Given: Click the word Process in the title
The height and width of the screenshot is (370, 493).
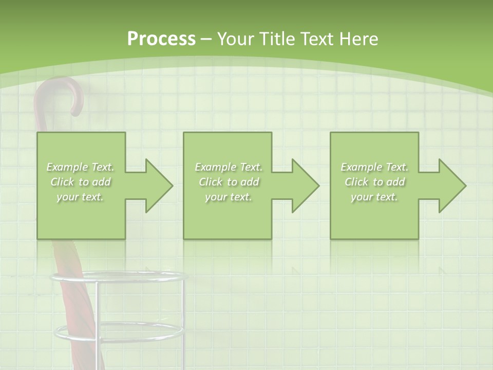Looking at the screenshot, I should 161,39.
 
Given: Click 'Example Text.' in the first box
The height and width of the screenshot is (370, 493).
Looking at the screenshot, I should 81,167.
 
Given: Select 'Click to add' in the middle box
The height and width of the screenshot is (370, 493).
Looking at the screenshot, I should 229,182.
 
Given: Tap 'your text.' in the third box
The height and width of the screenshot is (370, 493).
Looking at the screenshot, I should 374,197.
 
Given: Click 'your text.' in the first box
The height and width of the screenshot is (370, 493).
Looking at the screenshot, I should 81,197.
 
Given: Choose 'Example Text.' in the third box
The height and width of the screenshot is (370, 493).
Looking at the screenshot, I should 374,167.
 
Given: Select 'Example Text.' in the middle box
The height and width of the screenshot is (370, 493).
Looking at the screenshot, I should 229,167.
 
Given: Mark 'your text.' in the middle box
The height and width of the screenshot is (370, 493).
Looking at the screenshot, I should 229,197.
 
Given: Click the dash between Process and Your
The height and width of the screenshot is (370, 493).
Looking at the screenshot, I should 206,39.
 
